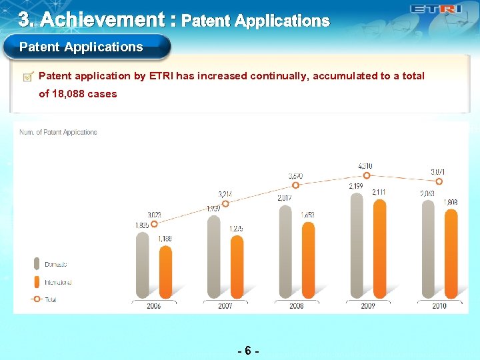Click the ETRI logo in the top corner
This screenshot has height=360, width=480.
click(x=436, y=9)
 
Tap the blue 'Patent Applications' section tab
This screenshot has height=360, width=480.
click(x=81, y=47)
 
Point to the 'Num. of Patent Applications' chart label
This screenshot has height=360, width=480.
click(x=58, y=132)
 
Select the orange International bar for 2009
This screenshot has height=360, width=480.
click(x=379, y=247)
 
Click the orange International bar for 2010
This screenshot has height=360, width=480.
click(x=451, y=253)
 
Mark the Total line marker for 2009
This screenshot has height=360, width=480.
click(x=367, y=176)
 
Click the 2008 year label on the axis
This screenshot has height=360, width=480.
click(x=296, y=306)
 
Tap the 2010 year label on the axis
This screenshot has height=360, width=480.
click(x=439, y=306)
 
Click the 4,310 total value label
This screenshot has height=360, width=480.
click(x=365, y=165)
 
